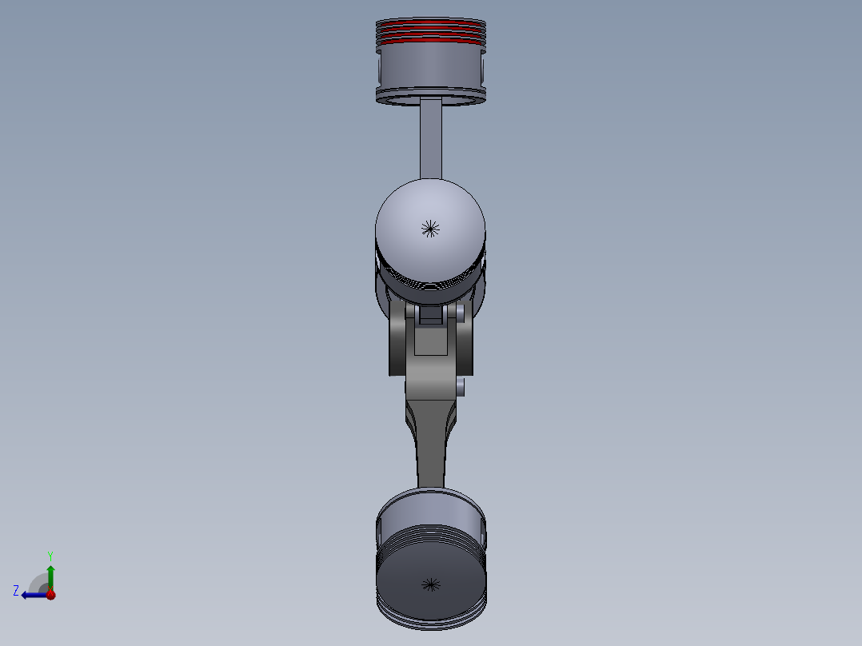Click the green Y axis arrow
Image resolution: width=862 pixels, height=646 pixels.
click(50, 574)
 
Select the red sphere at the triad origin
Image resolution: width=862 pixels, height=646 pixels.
click(50, 594)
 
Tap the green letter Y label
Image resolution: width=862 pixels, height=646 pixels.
click(50, 555)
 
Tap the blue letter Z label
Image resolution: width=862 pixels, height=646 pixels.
click(16, 591)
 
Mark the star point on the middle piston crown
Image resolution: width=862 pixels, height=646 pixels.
click(430, 229)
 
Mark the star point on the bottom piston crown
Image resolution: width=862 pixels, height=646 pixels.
click(431, 584)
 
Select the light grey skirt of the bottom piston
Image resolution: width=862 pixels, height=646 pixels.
click(432, 508)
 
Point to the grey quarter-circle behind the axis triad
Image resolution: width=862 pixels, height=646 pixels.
click(38, 582)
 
